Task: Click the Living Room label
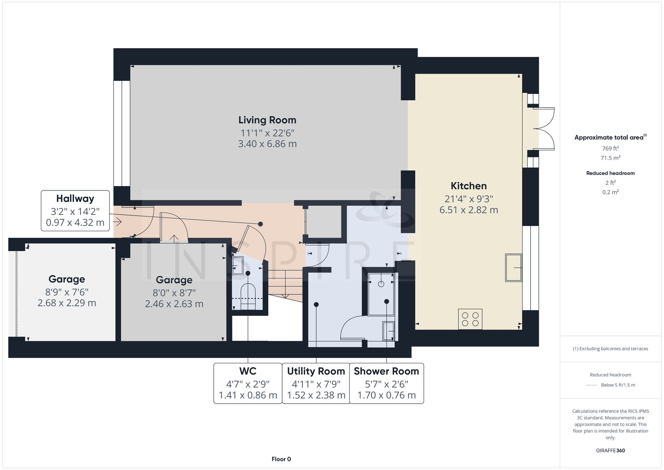pos(267,120)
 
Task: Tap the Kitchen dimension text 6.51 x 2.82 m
pos(468,210)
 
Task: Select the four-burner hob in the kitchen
pos(470,319)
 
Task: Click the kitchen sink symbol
pos(513,267)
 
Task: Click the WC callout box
pos(248,383)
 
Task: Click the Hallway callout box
pos(75,210)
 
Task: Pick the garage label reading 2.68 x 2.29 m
pos(67,303)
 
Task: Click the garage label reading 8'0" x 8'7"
pos(174,293)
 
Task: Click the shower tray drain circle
pos(381,284)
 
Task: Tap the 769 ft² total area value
pos(610,148)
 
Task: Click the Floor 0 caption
pos(281,459)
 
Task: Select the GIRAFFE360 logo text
pos(610,450)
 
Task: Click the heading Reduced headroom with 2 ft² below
pos(610,173)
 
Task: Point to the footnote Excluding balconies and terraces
pos(610,348)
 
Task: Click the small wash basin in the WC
pos(237,265)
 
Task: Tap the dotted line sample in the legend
pos(592,385)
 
